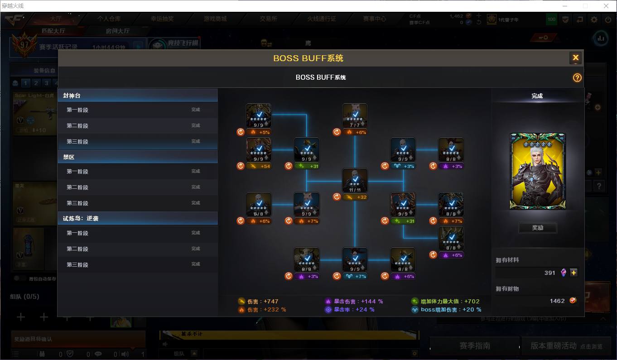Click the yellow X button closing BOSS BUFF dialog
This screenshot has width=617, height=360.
point(575,58)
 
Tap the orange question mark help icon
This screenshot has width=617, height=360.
point(577,77)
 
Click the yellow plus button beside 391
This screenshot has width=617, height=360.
point(574,273)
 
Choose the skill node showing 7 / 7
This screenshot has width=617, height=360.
point(355,116)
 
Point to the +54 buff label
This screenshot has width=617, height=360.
point(260,166)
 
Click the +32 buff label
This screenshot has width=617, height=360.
point(356,197)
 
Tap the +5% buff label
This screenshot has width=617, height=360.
point(260,132)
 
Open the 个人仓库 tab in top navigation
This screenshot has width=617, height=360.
point(109,19)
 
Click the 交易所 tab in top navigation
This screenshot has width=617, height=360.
point(268,19)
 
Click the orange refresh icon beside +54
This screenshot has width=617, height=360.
point(241,166)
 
